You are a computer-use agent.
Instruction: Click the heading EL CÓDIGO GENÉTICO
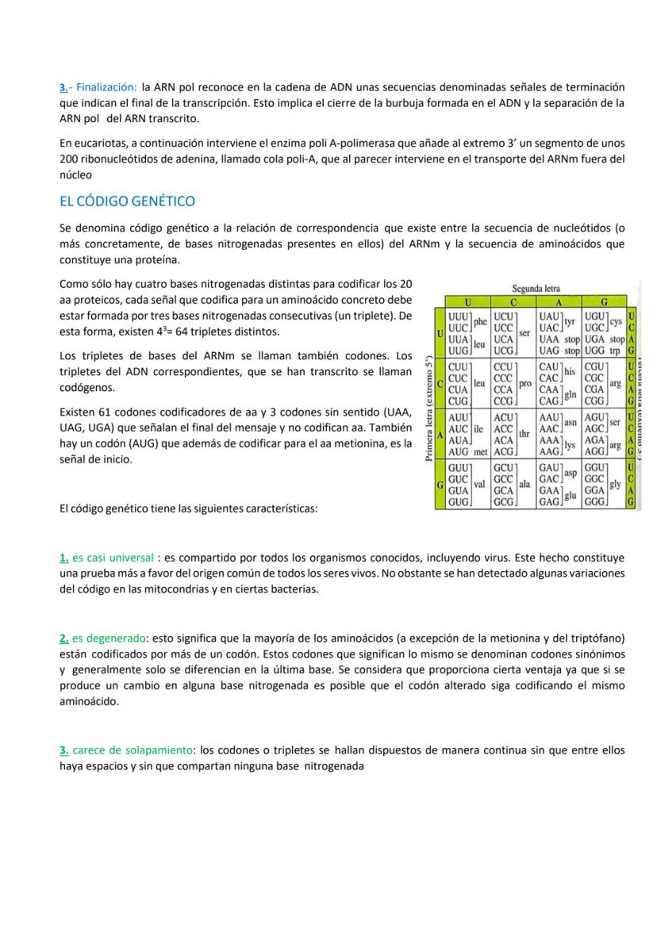(x=127, y=201)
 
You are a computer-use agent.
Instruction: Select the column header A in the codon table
(x=558, y=302)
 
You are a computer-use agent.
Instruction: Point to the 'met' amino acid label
(x=479, y=451)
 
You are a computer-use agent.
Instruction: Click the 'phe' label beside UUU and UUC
(x=481, y=321)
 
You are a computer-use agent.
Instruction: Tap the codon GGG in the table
(x=594, y=501)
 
